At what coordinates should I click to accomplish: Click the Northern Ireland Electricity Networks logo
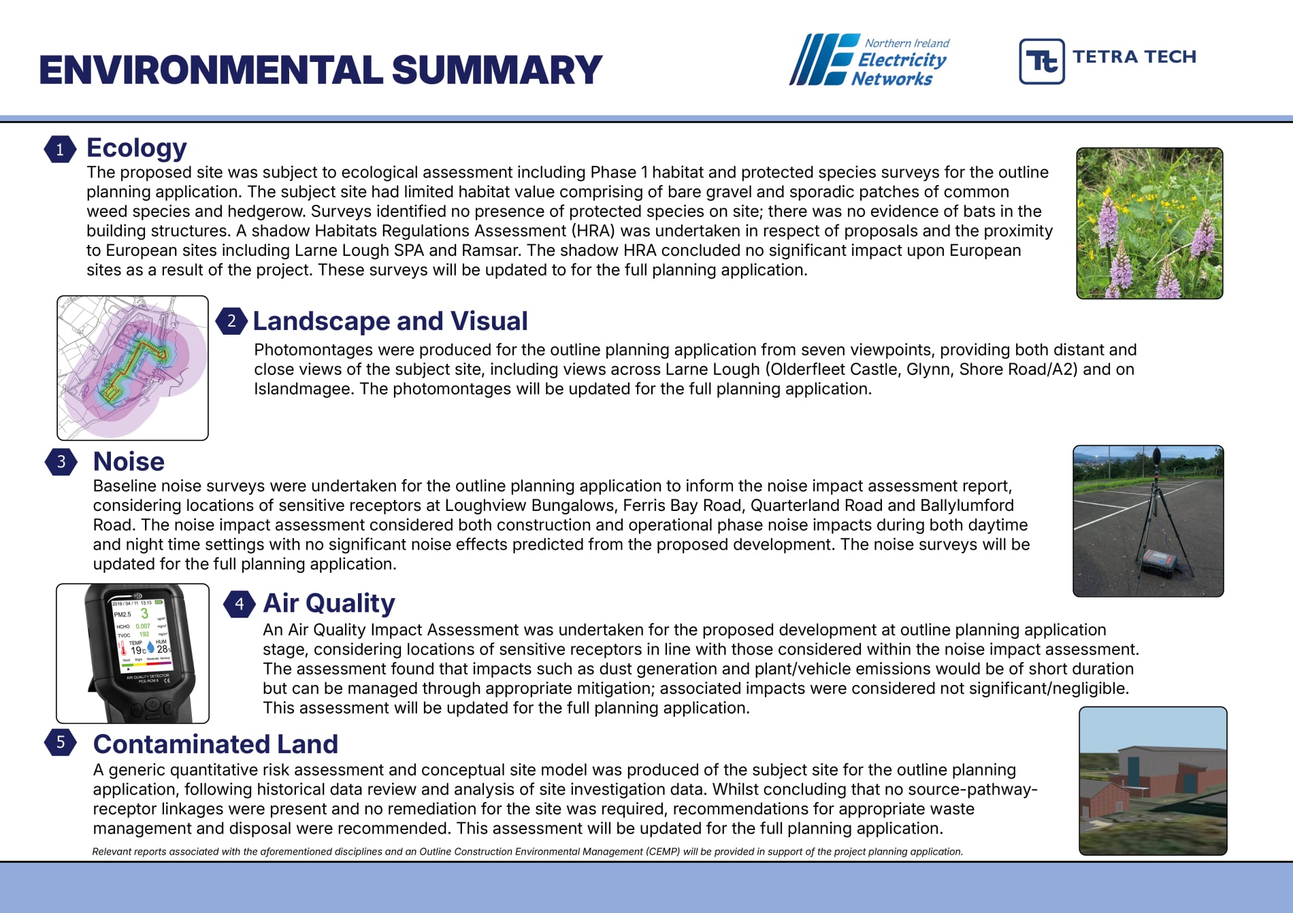(x=869, y=60)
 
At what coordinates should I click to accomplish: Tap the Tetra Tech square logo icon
(x=1041, y=61)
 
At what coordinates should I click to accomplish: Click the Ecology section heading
(x=136, y=148)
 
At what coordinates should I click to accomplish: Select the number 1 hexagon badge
(x=60, y=149)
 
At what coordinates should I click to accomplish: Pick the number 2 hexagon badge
(x=231, y=320)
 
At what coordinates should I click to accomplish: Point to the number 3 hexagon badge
(x=61, y=461)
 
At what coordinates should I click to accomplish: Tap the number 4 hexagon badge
(x=239, y=603)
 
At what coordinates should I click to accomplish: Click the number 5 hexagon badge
(x=60, y=742)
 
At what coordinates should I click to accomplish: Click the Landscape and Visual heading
(x=390, y=321)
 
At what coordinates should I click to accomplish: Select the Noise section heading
(x=129, y=461)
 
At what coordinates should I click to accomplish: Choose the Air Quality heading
(x=329, y=603)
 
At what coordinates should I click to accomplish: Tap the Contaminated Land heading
(x=215, y=744)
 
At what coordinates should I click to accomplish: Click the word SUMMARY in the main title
(x=497, y=70)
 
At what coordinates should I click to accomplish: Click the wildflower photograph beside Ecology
(x=1149, y=223)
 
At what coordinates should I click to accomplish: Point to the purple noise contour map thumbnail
(x=133, y=367)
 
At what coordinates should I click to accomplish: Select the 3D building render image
(x=1153, y=781)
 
